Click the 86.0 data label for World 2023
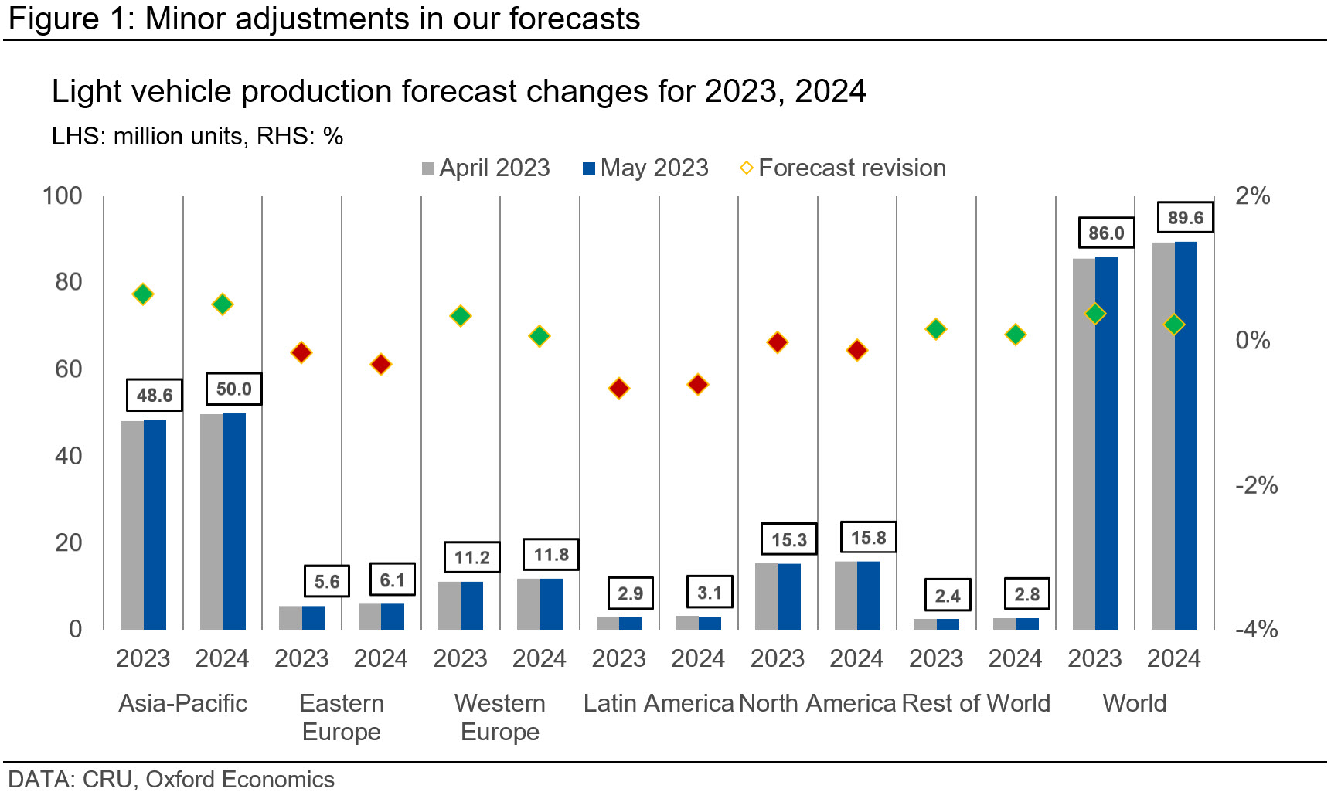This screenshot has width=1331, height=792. click(1106, 233)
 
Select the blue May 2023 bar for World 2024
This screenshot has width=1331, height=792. click(1186, 436)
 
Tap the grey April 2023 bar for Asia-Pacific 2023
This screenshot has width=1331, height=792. click(132, 525)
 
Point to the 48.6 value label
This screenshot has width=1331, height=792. click(155, 395)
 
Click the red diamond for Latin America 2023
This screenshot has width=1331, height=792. click(618, 389)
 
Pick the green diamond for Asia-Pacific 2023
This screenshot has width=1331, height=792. click(143, 294)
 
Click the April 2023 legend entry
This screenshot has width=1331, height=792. click(486, 168)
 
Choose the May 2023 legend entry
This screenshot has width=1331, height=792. click(645, 168)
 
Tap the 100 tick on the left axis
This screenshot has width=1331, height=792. click(63, 195)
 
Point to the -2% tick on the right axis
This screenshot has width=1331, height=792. click(1256, 485)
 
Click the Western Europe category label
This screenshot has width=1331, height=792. click(500, 717)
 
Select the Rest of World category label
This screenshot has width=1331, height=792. click(975, 703)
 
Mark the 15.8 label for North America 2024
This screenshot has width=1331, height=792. click(868, 537)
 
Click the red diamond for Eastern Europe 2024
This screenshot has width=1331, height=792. click(380, 365)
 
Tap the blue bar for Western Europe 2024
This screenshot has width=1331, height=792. click(551, 603)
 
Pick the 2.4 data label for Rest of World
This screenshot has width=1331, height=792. click(948, 596)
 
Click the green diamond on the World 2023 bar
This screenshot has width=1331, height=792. click(1094, 314)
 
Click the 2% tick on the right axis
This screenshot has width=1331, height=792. click(1252, 195)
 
